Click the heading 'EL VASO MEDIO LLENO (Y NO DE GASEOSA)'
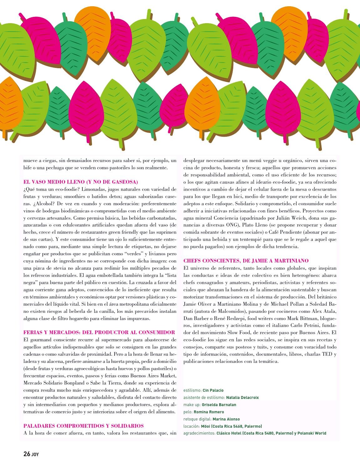point(80,182)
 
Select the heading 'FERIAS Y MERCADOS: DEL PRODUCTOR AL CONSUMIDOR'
point(99,332)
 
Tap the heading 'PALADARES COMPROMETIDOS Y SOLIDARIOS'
point(84,426)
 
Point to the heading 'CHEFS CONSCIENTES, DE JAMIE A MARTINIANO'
point(246,261)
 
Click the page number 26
point(27,454)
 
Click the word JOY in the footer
point(35,455)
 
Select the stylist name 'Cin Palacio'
point(213,390)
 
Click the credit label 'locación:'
point(192,426)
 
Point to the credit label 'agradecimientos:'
point(199,434)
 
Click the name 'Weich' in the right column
point(297,218)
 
